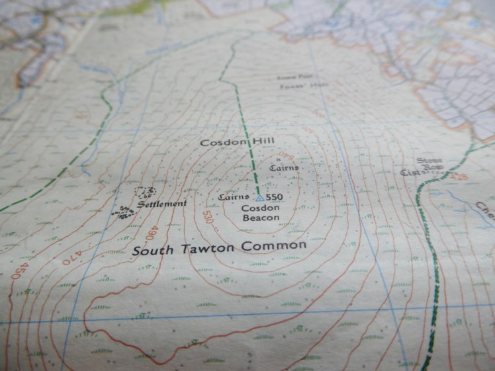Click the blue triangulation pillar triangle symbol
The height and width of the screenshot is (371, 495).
[260, 197]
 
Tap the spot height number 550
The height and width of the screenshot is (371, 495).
[275, 197]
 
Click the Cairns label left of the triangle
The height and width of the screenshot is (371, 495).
[232, 197]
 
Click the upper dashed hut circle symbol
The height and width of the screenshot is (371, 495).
[145, 192]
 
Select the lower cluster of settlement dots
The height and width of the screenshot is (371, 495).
[123, 212]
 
